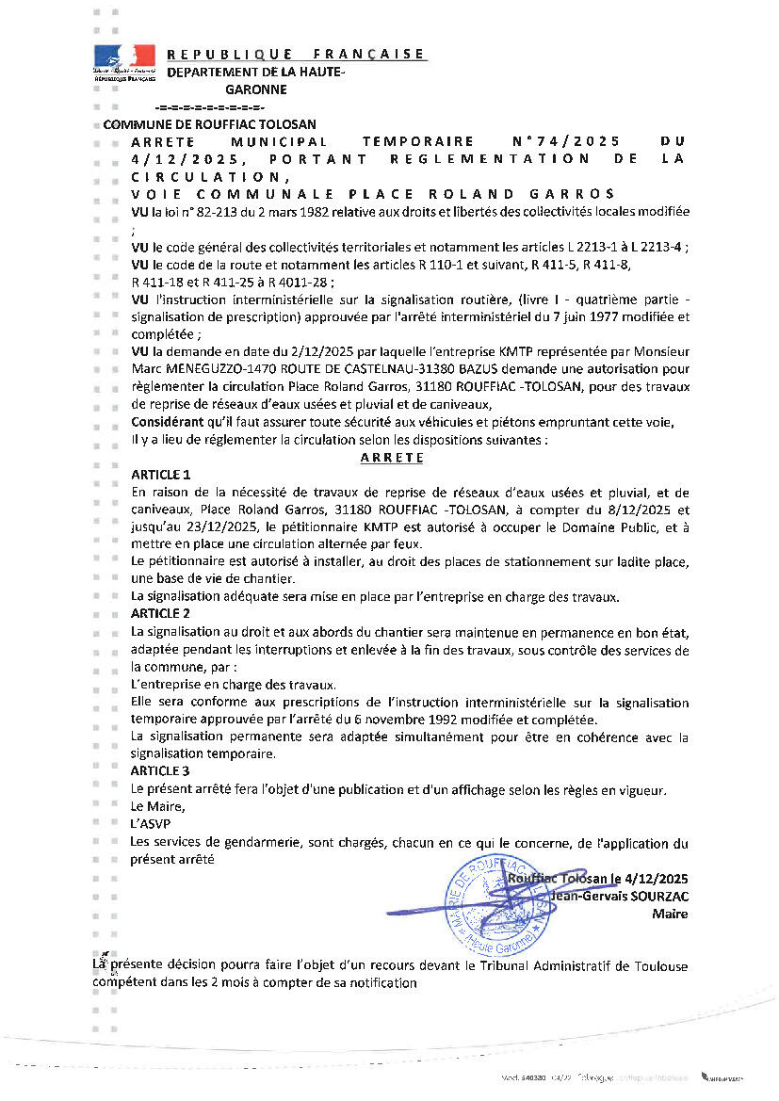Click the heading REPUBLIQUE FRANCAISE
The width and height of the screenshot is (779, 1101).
point(296,55)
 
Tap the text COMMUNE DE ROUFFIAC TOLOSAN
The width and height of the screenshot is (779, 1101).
point(209,124)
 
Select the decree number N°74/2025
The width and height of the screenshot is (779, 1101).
point(554,141)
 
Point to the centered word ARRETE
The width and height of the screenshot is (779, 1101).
point(392,458)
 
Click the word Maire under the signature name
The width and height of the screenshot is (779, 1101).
point(673,914)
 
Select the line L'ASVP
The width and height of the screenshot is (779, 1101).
point(149,824)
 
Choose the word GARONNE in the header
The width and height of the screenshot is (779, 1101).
point(255,90)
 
